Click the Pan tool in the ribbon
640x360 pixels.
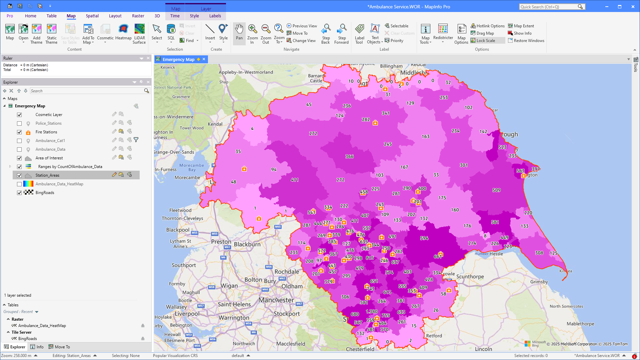(239, 33)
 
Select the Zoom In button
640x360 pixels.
(252, 33)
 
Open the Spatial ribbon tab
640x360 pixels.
(92, 16)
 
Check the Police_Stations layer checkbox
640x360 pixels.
(19, 123)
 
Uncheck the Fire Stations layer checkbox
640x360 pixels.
(19, 132)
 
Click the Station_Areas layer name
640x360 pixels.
(47, 175)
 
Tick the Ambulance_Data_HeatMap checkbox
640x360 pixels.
(19, 184)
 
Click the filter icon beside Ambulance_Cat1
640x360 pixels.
(136, 140)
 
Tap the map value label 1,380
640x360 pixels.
(372, 312)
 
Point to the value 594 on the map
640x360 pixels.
(424, 238)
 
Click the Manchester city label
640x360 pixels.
(276, 300)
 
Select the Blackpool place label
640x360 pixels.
(178, 230)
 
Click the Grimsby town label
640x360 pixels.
(539, 282)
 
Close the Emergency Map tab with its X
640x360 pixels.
(204, 59)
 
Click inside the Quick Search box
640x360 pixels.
(548, 7)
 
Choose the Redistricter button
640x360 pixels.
(443, 33)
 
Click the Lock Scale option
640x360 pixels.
(485, 41)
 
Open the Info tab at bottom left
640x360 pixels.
(37, 347)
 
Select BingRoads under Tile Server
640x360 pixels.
(27, 339)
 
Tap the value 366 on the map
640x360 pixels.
(349, 156)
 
